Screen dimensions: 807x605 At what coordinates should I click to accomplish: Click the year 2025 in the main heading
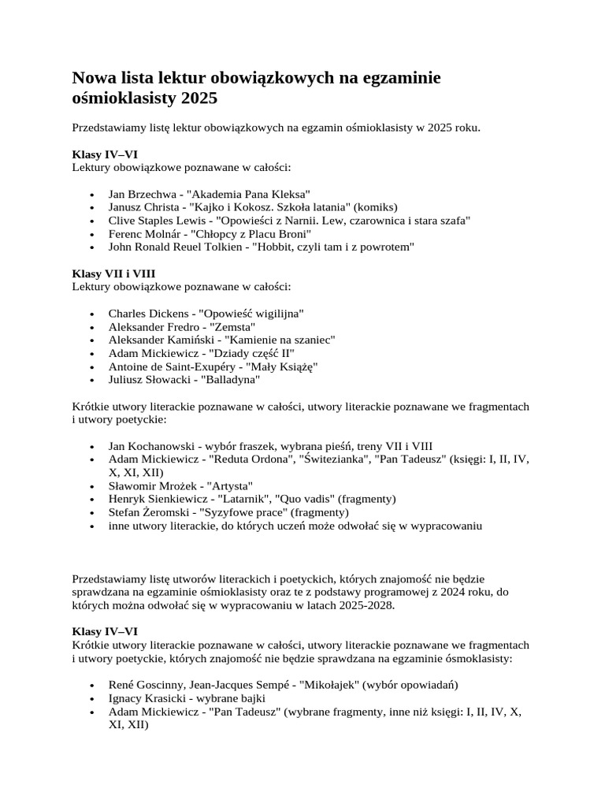pos(198,99)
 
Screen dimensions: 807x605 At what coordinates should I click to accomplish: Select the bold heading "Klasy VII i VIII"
pos(113,273)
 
